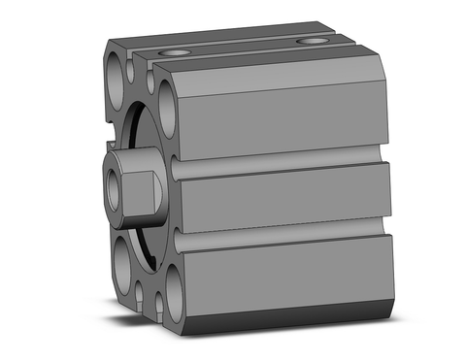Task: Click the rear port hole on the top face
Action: (x=311, y=41)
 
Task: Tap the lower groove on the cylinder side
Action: (x=282, y=238)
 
